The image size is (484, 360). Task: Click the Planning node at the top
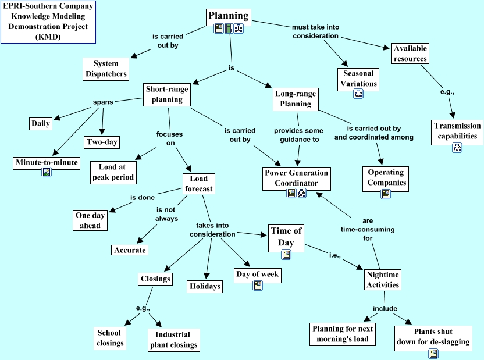tap(229, 16)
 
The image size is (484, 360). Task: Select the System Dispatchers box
tap(105, 69)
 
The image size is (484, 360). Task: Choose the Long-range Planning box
tap(296, 99)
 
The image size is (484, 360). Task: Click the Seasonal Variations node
tap(358, 79)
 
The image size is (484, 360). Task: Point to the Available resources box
tap(410, 54)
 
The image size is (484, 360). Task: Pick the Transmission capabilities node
tap(457, 131)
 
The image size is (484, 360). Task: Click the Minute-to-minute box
tap(46, 162)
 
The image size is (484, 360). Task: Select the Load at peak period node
tap(113, 172)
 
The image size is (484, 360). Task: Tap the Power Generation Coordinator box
tap(296, 178)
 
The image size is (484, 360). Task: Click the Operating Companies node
tap(385, 177)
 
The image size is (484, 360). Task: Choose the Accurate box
tap(130, 249)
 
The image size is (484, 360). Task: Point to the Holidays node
tap(205, 286)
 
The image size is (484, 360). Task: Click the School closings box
tap(109, 338)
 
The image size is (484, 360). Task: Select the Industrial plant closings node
tap(172, 340)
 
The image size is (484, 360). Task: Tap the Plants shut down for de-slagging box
tap(433, 336)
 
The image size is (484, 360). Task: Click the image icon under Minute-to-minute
tap(46, 173)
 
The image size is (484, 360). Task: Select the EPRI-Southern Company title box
tap(48, 22)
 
